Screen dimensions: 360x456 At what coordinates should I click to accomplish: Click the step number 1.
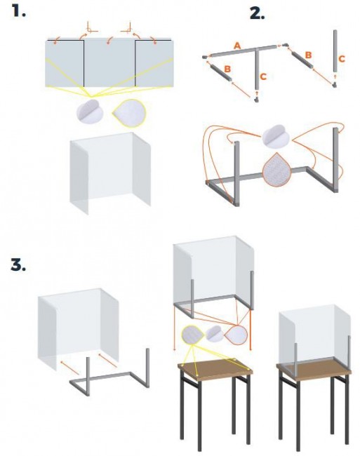pyautogui.click(x=19, y=11)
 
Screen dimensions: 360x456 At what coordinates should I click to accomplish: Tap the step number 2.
pyautogui.click(x=258, y=13)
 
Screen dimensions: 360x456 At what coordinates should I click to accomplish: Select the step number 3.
pyautogui.click(x=18, y=265)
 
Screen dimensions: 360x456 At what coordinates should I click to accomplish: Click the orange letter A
pyautogui.click(x=238, y=46)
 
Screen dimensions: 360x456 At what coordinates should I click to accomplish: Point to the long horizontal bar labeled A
pyautogui.click(x=243, y=51)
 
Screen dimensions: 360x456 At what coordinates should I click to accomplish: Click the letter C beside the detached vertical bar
pyautogui.click(x=342, y=59)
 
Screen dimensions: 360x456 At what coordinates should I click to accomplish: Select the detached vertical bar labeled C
pyautogui.click(x=335, y=51)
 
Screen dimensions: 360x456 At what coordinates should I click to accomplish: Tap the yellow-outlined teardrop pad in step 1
pyautogui.click(x=130, y=114)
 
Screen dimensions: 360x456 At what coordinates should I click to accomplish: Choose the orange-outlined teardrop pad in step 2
pyautogui.click(x=276, y=170)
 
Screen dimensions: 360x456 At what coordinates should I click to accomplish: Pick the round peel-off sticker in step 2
pyautogui.click(x=276, y=137)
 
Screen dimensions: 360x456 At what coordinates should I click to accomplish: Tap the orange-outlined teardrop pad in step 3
pyautogui.click(x=236, y=335)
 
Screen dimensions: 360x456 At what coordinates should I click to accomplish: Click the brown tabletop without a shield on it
pyautogui.click(x=215, y=369)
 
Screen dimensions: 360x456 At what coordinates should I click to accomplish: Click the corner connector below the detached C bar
pyautogui.click(x=335, y=85)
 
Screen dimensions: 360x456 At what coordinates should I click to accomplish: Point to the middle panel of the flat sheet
pyautogui.click(x=109, y=62)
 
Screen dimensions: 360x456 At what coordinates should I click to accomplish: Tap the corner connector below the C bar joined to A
pyautogui.click(x=256, y=100)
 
